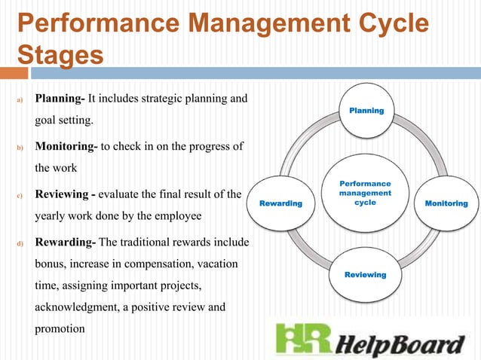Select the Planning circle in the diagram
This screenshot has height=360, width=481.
pos(366,111)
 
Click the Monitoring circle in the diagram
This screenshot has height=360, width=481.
pos(446,203)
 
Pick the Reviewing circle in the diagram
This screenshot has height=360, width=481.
pos(365,275)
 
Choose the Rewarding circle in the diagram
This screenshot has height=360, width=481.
pos(280,203)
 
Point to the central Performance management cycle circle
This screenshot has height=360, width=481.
pos(366,193)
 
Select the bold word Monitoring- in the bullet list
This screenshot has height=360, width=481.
pos(66,146)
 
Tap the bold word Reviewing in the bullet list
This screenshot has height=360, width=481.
pos(62,195)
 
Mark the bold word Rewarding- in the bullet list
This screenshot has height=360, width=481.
pos(65,243)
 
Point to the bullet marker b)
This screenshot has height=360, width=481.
pos(21,147)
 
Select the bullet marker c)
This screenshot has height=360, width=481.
pos(21,196)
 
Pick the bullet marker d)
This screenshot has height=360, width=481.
pos(21,244)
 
